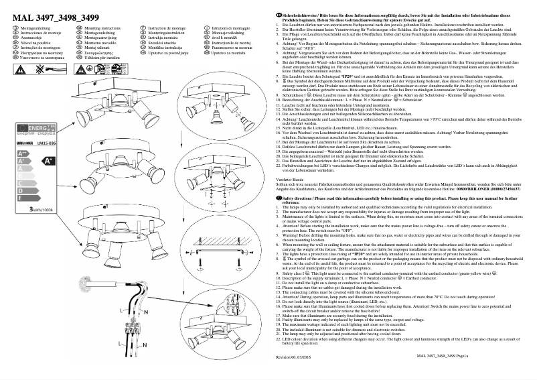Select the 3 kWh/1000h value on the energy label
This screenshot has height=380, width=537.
41,210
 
